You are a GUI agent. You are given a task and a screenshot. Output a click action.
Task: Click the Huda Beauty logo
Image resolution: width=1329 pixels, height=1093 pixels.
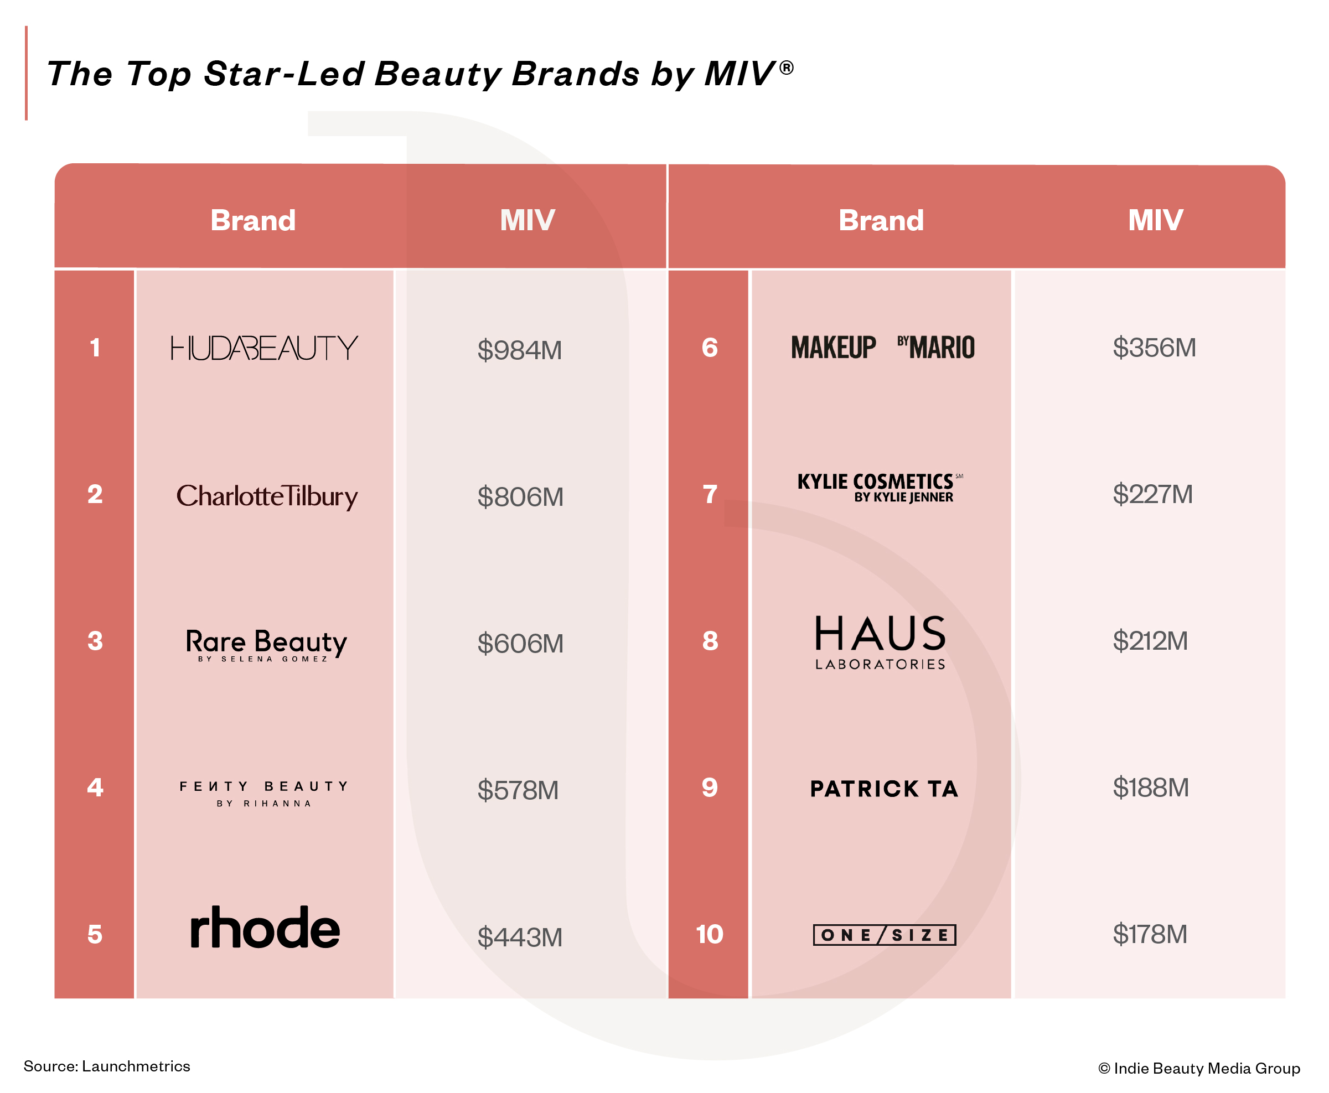pos(264,348)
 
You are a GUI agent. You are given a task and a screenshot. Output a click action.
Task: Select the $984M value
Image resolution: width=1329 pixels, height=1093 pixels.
pos(519,350)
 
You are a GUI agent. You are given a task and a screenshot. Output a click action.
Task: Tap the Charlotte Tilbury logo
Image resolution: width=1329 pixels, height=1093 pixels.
pos(266,496)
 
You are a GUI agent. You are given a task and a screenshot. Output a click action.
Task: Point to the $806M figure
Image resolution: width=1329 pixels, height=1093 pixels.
pos(520,497)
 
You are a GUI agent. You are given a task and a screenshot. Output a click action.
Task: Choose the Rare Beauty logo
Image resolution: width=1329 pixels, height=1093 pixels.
pos(266,644)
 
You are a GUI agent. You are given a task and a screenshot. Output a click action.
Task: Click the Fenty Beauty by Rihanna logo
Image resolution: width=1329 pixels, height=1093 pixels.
pos(264,792)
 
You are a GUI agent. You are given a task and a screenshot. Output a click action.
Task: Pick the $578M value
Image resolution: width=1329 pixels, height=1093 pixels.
pos(518,790)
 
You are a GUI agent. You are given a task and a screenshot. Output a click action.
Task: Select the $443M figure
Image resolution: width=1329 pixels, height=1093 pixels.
pos(519,937)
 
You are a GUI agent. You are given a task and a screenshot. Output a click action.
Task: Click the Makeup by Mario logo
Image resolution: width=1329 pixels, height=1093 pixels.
pos(883,348)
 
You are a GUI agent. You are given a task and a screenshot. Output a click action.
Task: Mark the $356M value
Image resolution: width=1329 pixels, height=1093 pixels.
pos(1154,348)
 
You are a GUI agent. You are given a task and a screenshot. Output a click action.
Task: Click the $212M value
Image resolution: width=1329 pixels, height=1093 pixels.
pos(1150,641)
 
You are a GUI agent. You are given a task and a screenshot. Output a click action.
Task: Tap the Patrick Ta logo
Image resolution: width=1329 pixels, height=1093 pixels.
pos(884,789)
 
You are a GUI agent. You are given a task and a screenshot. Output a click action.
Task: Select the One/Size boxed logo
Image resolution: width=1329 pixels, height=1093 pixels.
pos(884,935)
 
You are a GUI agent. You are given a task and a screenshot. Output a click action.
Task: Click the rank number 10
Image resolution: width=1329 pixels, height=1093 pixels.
pos(709,934)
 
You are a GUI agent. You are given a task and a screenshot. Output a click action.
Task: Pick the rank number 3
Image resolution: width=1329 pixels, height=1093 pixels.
pos(95,641)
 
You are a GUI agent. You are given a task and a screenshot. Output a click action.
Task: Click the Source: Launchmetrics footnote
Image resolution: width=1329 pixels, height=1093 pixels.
pos(107,1066)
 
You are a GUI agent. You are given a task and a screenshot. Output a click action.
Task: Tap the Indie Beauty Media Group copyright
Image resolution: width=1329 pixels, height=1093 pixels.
pos(1199,1068)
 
